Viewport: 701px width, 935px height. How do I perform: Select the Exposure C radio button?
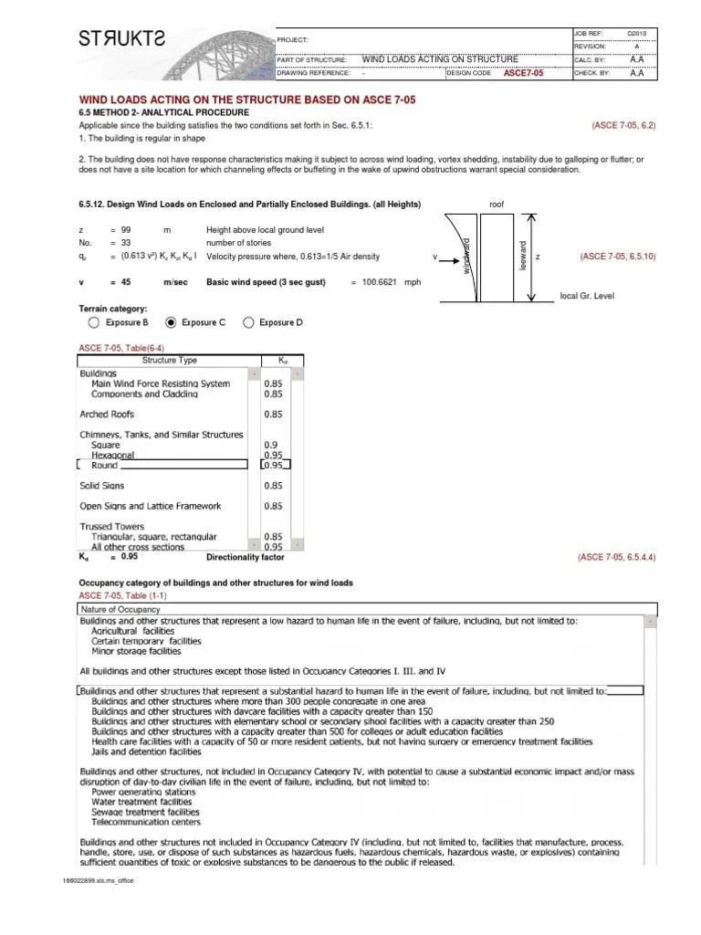pos(171,322)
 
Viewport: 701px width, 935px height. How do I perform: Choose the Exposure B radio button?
pos(94,322)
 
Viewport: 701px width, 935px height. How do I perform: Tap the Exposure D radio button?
pos(248,322)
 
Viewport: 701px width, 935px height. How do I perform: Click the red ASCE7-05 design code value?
pos(523,73)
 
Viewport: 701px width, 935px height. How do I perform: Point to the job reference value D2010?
pos(636,33)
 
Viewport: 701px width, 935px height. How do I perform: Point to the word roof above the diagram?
pos(497,205)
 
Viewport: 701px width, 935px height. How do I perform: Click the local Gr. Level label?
pos(588,297)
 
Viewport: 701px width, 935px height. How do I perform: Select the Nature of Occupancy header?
pos(120,609)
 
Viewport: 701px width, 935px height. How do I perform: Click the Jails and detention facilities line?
pos(146,752)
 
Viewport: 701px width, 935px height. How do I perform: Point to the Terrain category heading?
pos(112,309)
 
